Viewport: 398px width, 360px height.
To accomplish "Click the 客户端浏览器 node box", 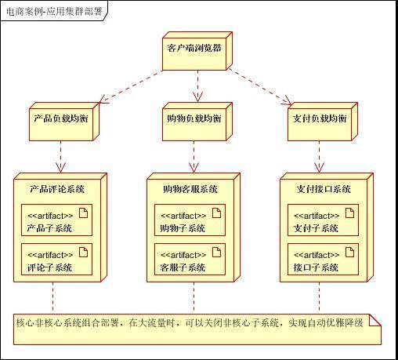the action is (197, 51).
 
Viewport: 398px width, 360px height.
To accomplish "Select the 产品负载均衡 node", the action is (64, 122).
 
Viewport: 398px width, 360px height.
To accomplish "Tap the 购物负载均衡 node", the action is (197, 122).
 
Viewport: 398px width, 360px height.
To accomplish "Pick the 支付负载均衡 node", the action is (323, 122).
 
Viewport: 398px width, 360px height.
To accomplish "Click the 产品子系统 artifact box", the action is (56, 220).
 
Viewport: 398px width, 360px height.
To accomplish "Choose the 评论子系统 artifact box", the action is (56, 260).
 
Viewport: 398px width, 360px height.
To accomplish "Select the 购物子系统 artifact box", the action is (190, 220).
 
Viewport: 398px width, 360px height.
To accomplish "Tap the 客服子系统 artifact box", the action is (190, 260).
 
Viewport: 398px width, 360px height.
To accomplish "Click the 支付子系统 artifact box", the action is (323, 220).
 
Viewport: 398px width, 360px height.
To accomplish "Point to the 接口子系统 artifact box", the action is (323, 260).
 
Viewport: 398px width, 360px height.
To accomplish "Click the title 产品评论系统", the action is (57, 189).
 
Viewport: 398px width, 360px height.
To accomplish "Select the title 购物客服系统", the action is (190, 189).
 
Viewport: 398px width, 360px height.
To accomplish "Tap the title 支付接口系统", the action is (324, 189).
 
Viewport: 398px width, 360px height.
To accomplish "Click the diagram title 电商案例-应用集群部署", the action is (54, 11).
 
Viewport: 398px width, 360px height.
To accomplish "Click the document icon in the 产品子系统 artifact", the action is (84, 213).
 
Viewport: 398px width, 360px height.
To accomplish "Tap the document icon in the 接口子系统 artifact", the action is (350, 252).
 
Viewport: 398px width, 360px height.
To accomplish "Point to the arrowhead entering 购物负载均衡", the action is (197, 97).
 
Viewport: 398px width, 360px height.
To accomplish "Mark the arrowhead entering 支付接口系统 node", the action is (319, 168).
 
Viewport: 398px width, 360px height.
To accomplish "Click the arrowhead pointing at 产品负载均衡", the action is (103, 100).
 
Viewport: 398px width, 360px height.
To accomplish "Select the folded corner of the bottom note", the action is (375, 320).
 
